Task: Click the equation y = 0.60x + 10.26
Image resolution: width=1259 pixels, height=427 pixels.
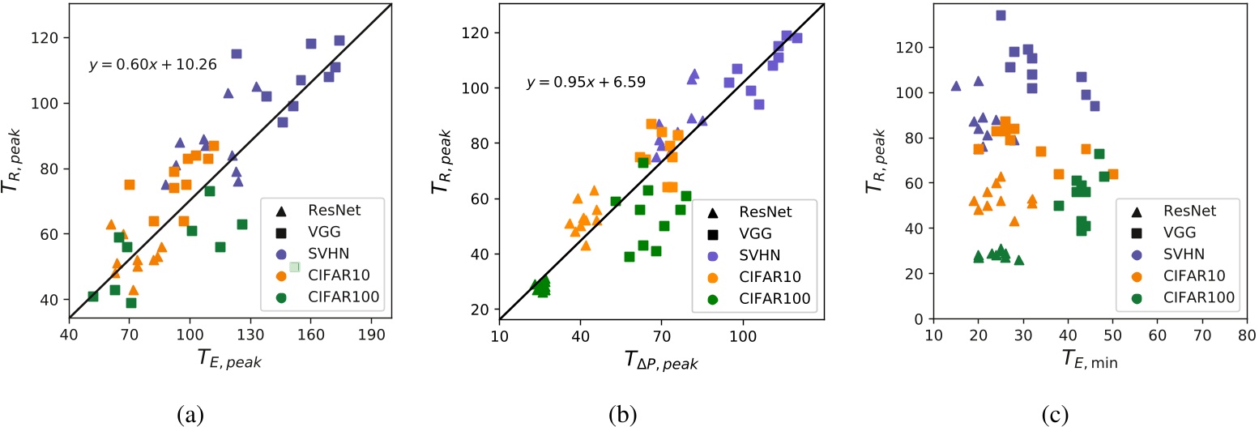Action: (152, 65)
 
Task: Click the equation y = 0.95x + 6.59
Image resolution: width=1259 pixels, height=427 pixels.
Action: (583, 83)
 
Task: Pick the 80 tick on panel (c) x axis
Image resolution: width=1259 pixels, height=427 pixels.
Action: (1246, 335)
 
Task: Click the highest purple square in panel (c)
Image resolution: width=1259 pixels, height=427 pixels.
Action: (1001, 15)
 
